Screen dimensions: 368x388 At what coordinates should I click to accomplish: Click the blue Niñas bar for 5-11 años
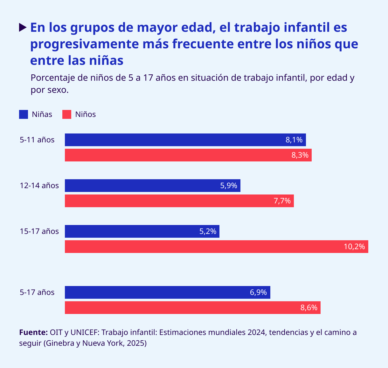click(185, 140)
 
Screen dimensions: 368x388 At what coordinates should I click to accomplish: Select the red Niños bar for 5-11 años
click(188, 155)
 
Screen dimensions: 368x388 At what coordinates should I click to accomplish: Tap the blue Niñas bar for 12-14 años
click(152, 186)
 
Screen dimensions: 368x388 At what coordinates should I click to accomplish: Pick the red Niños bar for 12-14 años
click(179, 201)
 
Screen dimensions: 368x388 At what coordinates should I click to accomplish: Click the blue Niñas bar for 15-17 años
click(142, 231)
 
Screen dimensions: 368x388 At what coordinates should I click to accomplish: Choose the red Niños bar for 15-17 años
click(216, 247)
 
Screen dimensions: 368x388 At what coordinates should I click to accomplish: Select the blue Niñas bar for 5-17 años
click(167, 292)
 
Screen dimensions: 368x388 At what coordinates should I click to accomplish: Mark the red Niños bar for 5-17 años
click(192, 308)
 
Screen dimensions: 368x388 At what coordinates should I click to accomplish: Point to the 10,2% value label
click(354, 247)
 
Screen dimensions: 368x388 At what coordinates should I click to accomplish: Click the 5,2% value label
click(208, 231)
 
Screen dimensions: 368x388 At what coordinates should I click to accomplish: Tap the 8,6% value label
click(309, 308)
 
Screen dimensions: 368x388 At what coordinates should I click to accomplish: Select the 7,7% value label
click(282, 201)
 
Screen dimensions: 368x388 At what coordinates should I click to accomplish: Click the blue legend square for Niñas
click(24, 114)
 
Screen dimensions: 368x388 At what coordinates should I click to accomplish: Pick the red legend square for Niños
click(67, 114)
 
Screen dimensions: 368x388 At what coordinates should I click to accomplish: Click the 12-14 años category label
click(39, 186)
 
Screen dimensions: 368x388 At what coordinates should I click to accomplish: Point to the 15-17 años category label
click(39, 231)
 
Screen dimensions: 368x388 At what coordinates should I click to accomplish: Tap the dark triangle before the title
click(23, 27)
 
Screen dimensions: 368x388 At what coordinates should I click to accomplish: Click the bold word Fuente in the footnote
click(33, 332)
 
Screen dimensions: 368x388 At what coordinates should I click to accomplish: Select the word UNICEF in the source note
click(84, 332)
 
